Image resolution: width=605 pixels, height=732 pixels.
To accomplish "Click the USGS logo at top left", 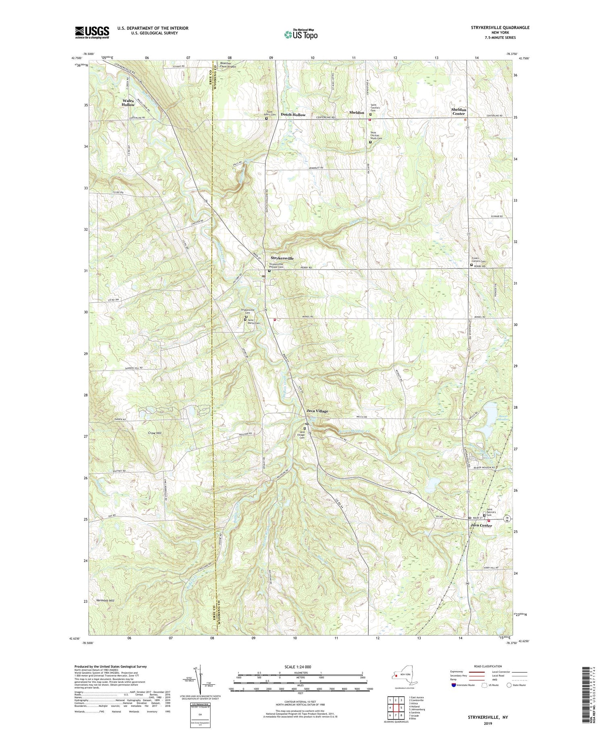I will click(92, 32).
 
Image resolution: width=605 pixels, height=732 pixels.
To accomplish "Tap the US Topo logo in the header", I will click(300, 34).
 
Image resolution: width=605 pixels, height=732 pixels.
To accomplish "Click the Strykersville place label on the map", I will click(282, 258).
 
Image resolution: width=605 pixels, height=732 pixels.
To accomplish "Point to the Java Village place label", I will click(317, 411).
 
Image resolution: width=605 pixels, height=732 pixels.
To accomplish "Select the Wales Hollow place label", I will click(128, 103).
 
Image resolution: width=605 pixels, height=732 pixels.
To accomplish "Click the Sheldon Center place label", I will click(459, 111).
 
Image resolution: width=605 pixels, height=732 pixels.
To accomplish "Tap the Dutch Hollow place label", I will click(293, 115).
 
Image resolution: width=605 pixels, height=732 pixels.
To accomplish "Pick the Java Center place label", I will click(481, 525).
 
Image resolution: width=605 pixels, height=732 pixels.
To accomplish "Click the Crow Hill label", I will click(154, 432).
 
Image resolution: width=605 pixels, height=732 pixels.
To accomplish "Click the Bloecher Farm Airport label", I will click(228, 65).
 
